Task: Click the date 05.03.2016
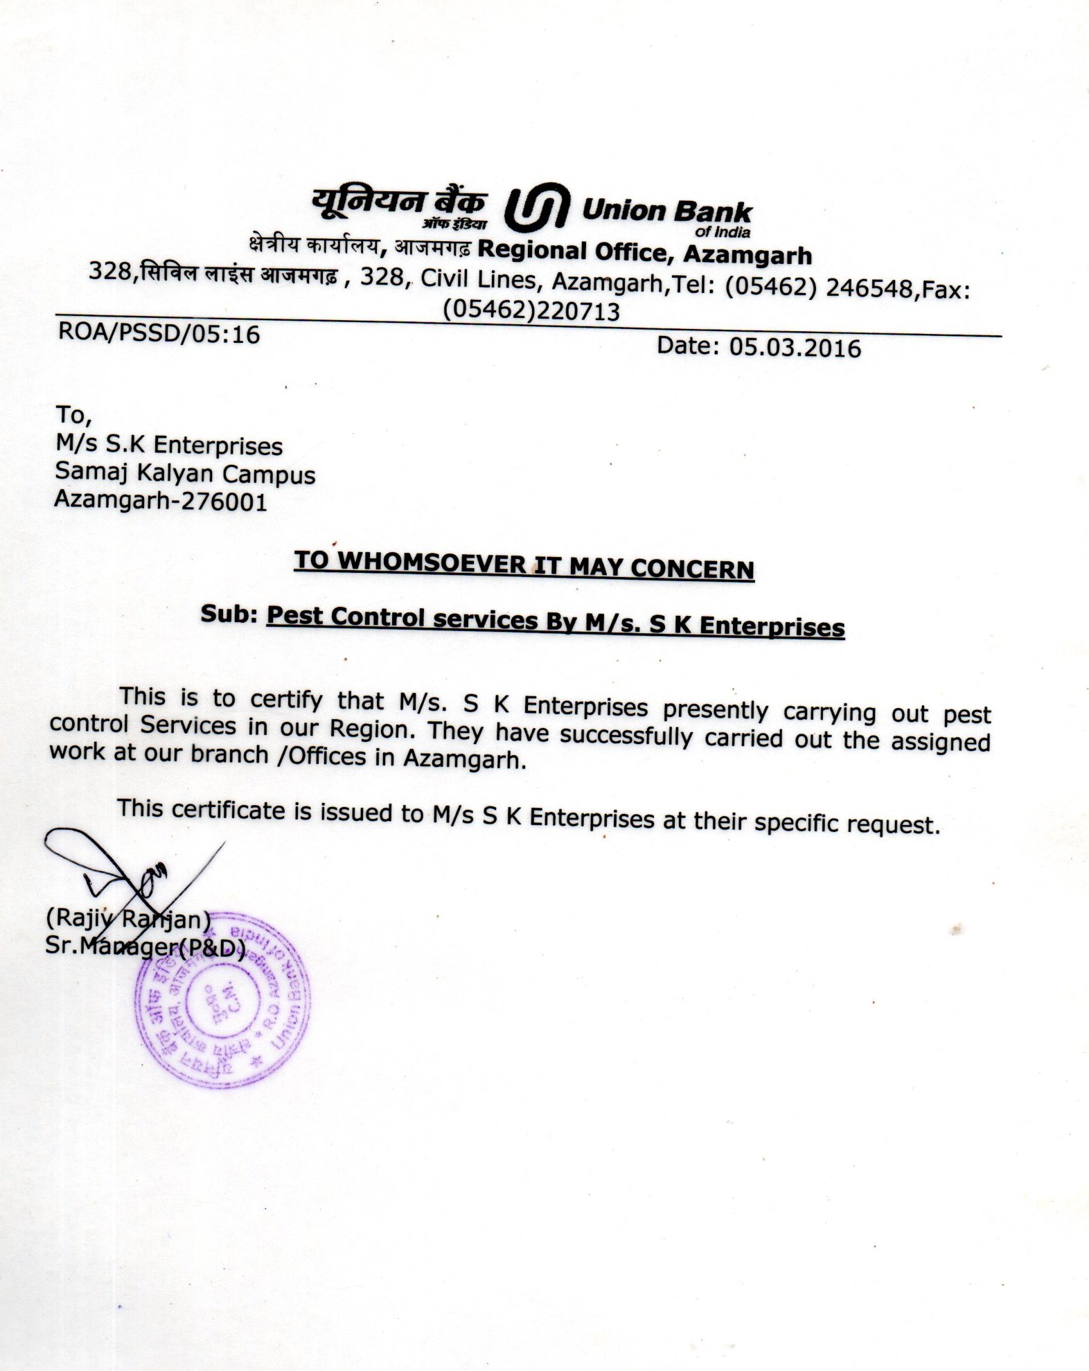coord(794,346)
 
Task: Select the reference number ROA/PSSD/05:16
coord(159,333)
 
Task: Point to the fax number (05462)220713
coord(531,311)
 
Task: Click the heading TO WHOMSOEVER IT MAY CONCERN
coord(524,565)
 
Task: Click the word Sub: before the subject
coord(229,613)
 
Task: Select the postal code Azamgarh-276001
coord(161,499)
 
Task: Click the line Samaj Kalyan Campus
coord(185,472)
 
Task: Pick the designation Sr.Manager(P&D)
coord(145,946)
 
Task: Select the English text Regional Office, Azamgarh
coord(644,252)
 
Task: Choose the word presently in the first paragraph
coord(715,709)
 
